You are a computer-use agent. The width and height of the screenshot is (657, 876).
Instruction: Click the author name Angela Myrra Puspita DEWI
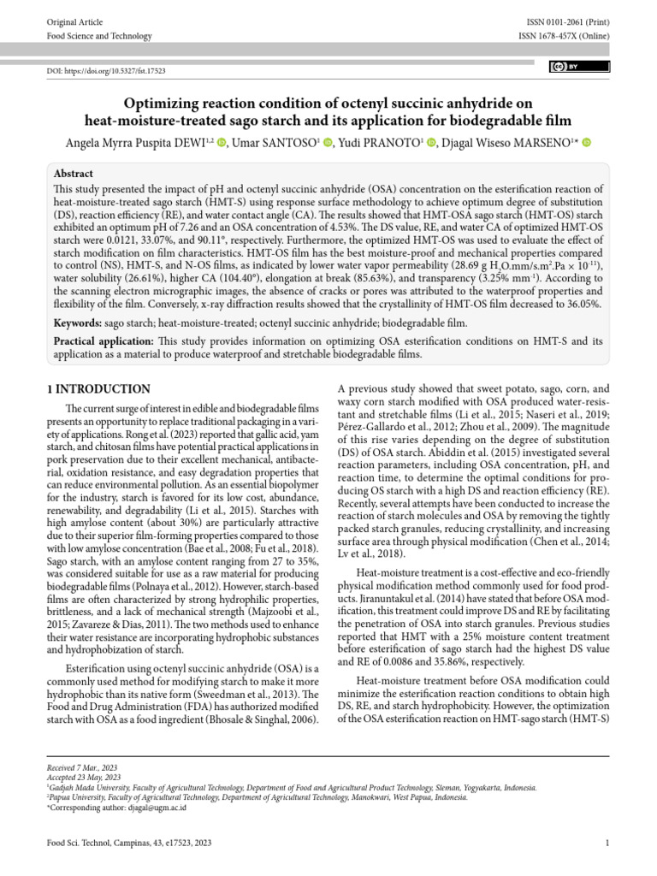tap(134, 143)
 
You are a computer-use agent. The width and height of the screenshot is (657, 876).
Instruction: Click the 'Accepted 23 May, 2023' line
tap(84, 778)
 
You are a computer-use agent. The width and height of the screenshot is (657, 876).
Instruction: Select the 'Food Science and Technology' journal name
tap(98, 36)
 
